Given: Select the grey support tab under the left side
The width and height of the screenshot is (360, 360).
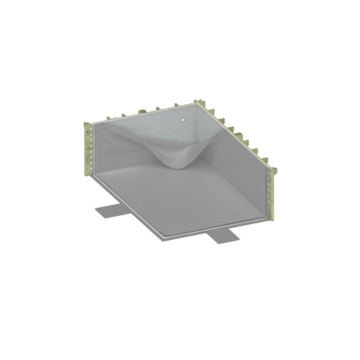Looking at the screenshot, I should [110, 209].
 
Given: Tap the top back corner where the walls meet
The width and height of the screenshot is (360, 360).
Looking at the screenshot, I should [199, 101].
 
